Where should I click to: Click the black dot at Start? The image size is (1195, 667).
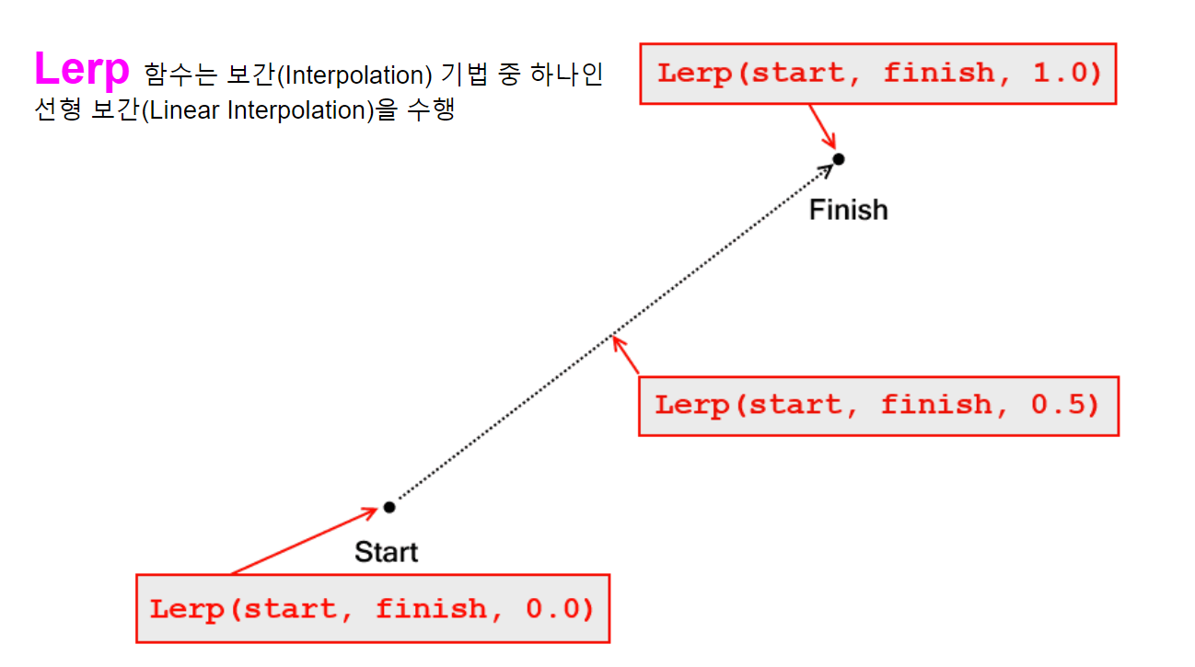[x=389, y=507]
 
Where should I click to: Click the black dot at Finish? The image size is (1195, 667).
[x=838, y=159]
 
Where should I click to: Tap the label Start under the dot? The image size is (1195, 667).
[x=386, y=552]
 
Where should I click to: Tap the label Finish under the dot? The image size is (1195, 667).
[x=848, y=210]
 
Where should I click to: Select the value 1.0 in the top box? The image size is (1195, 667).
[x=1066, y=73]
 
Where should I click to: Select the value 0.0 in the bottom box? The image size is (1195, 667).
[x=560, y=608]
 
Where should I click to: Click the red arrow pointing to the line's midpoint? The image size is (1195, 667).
[x=626, y=356]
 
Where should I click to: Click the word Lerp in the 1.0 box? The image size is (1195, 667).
[x=694, y=73]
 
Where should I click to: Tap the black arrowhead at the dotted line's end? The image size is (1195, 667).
[x=825, y=169]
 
